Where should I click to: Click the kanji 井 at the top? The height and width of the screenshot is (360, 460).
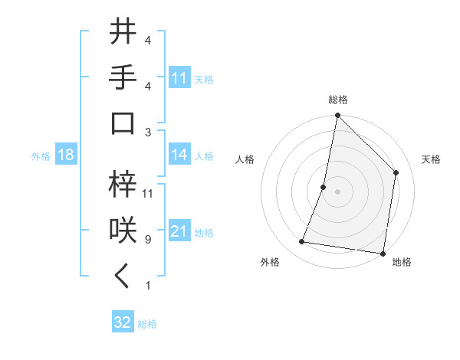[x=123, y=32]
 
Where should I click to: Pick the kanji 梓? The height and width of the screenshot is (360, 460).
[x=123, y=184]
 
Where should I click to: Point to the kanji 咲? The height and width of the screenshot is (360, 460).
[x=123, y=230]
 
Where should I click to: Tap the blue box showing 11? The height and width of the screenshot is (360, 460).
[x=179, y=77]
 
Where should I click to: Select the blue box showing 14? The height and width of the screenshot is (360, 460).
[x=179, y=155]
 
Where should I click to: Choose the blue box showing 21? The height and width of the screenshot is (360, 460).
[x=179, y=231]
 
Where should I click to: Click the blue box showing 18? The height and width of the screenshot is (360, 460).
[x=66, y=155]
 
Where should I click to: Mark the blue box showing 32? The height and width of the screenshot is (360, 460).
[x=123, y=322]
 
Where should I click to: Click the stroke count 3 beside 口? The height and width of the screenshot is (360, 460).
[x=147, y=131]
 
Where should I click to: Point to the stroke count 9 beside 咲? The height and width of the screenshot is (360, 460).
[x=147, y=240]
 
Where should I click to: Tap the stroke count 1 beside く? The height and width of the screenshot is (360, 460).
[x=147, y=286]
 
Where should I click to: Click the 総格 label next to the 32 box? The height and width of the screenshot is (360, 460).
[x=147, y=324]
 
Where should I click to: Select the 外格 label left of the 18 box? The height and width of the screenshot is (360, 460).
[x=41, y=156]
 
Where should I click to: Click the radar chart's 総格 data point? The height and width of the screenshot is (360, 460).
[x=337, y=116]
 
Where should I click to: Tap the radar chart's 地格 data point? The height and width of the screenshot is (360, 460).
[x=383, y=253]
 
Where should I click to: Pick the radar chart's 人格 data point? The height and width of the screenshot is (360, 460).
[x=324, y=187]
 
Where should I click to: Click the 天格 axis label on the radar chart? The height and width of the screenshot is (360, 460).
[x=431, y=159]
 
